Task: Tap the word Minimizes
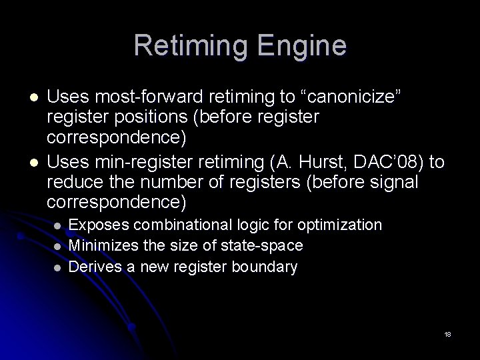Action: (x=100, y=246)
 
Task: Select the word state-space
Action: (x=264, y=246)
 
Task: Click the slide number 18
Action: (x=447, y=334)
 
